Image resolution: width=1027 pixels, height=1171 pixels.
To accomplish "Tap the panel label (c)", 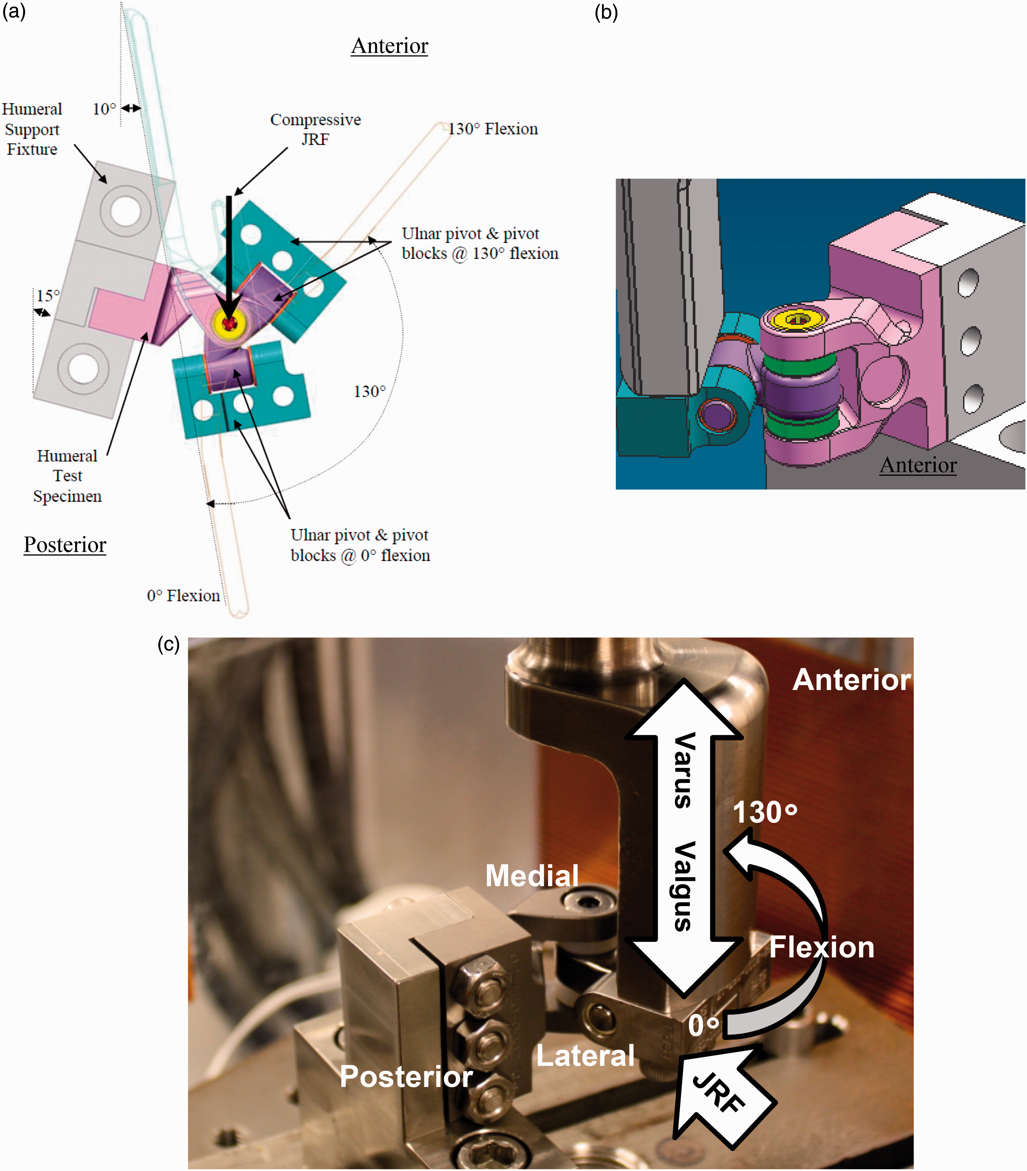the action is click(x=169, y=645).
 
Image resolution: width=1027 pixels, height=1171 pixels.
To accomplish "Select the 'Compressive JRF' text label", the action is click(x=316, y=129).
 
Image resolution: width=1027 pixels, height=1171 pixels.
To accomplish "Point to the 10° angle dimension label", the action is click(x=104, y=109).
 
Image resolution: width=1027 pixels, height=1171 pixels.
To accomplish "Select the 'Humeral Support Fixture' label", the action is click(x=32, y=129).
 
